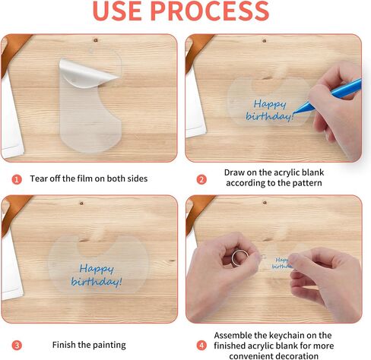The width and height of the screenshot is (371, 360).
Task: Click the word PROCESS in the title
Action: tap(210, 11)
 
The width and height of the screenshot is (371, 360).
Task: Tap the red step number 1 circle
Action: tap(17, 179)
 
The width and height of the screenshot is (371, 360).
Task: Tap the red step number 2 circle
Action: tap(201, 179)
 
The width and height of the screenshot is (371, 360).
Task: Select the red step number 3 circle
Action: tap(17, 346)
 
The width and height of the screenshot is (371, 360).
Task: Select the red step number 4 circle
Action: tap(201, 346)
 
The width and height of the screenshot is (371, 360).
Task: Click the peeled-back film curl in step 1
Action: tap(87, 74)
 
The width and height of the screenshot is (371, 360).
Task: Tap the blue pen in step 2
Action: tap(329, 96)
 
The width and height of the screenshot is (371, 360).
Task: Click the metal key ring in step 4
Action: tap(239, 257)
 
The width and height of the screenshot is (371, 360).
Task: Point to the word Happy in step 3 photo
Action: tap(97, 269)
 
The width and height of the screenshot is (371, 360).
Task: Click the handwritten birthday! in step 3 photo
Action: tap(97, 282)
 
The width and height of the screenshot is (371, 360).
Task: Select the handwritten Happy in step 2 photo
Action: tap(270, 104)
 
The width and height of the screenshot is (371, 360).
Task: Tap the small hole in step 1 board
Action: tap(96, 40)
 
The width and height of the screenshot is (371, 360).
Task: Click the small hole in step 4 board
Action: tap(265, 203)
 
